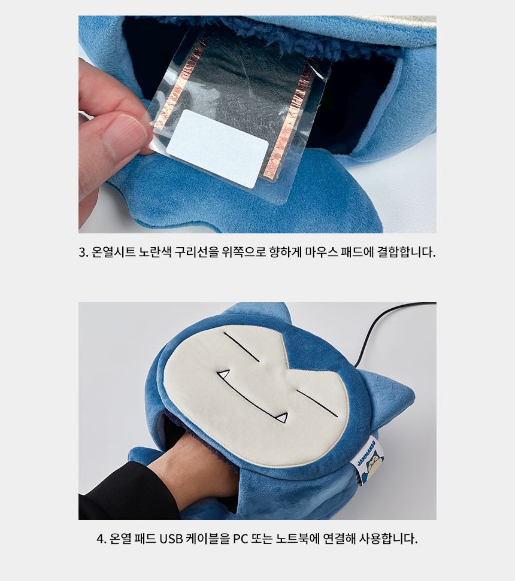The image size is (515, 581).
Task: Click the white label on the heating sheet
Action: (217, 148)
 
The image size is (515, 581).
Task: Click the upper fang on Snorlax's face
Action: (223, 375)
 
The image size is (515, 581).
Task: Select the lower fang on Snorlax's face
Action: (283, 418)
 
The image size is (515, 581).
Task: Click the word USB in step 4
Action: (171, 539)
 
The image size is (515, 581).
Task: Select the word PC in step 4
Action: (241, 539)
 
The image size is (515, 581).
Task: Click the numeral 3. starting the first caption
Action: (83, 253)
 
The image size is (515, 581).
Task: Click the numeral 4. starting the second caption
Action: (102, 539)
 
